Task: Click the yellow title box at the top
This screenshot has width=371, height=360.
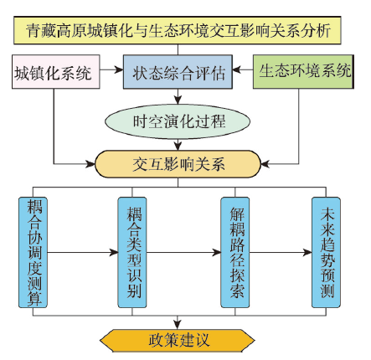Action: coord(178,30)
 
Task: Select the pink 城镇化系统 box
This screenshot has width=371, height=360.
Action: coord(56,72)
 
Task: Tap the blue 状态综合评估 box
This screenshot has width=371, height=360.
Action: coord(178,72)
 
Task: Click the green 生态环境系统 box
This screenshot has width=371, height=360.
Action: coord(303,72)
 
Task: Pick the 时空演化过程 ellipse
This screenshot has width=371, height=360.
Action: coord(178,121)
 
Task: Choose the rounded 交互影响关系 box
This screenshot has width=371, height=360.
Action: coord(178,164)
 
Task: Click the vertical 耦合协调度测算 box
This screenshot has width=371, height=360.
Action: coord(33,253)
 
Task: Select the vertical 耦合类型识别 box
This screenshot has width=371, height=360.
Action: coord(132,253)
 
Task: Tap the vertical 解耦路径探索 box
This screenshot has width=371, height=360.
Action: coord(235,253)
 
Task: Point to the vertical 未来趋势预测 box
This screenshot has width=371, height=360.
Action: coord(326,253)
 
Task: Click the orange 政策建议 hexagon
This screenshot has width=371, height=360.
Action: coord(178,340)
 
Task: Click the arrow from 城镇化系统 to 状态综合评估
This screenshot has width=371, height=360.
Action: coord(111,69)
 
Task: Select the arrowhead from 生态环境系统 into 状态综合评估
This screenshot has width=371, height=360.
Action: coord(237,69)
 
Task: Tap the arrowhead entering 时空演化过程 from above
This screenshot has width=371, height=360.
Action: coord(178,100)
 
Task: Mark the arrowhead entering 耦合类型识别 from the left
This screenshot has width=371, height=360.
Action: coord(114,253)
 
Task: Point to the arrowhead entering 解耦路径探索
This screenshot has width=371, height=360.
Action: coord(217,253)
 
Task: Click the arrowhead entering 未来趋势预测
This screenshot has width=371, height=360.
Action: coord(307,253)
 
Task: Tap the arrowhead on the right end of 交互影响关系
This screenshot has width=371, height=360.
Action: coord(265,164)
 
